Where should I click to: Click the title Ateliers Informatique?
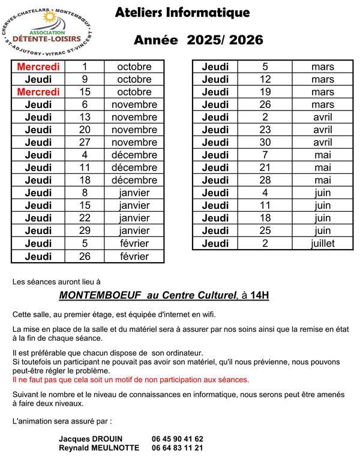(x=182, y=13)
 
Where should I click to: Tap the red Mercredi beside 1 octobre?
(x=38, y=67)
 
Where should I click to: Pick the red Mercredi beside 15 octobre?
(x=38, y=92)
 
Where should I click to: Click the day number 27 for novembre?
(x=85, y=142)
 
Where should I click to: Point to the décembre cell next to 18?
(x=134, y=180)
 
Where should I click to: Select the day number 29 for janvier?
(x=85, y=231)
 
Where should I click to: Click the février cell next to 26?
(x=134, y=256)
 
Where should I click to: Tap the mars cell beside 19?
(x=323, y=92)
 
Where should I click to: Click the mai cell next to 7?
(x=323, y=155)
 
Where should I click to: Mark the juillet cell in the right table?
(x=323, y=243)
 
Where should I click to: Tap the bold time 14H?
(x=260, y=295)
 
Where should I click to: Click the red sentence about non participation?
(x=130, y=380)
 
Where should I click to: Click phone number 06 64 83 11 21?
(x=178, y=448)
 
